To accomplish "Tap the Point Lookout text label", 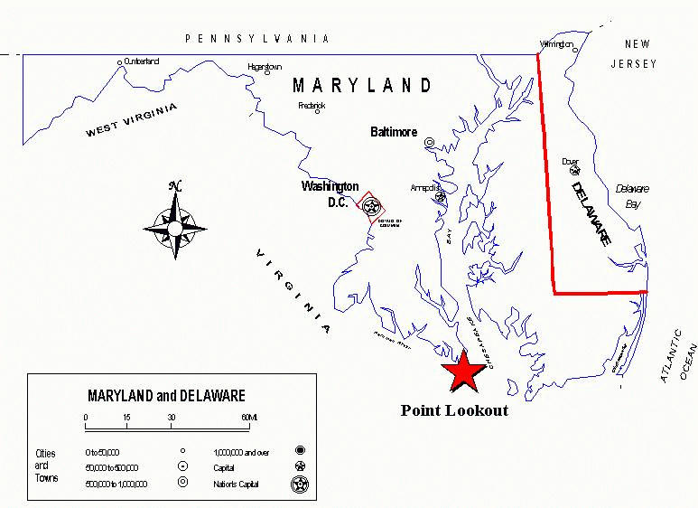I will point(454,410).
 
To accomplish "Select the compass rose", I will point(174,222).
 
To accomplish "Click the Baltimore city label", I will point(394,132).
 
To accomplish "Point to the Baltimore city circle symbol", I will point(430,143).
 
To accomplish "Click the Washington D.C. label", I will point(330,193).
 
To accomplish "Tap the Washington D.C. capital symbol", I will point(370,206).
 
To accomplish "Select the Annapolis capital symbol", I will point(440,197).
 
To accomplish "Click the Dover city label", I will point(570,161).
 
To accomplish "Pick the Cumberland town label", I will point(141,61).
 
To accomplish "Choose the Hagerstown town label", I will point(265,67).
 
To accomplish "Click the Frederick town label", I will point(312,105).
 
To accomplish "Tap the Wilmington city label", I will point(556,43).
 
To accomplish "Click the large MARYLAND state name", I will point(362,86).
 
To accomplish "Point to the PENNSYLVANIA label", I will point(256,39).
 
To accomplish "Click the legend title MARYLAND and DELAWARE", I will point(166,396).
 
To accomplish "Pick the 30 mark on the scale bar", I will point(171,417).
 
